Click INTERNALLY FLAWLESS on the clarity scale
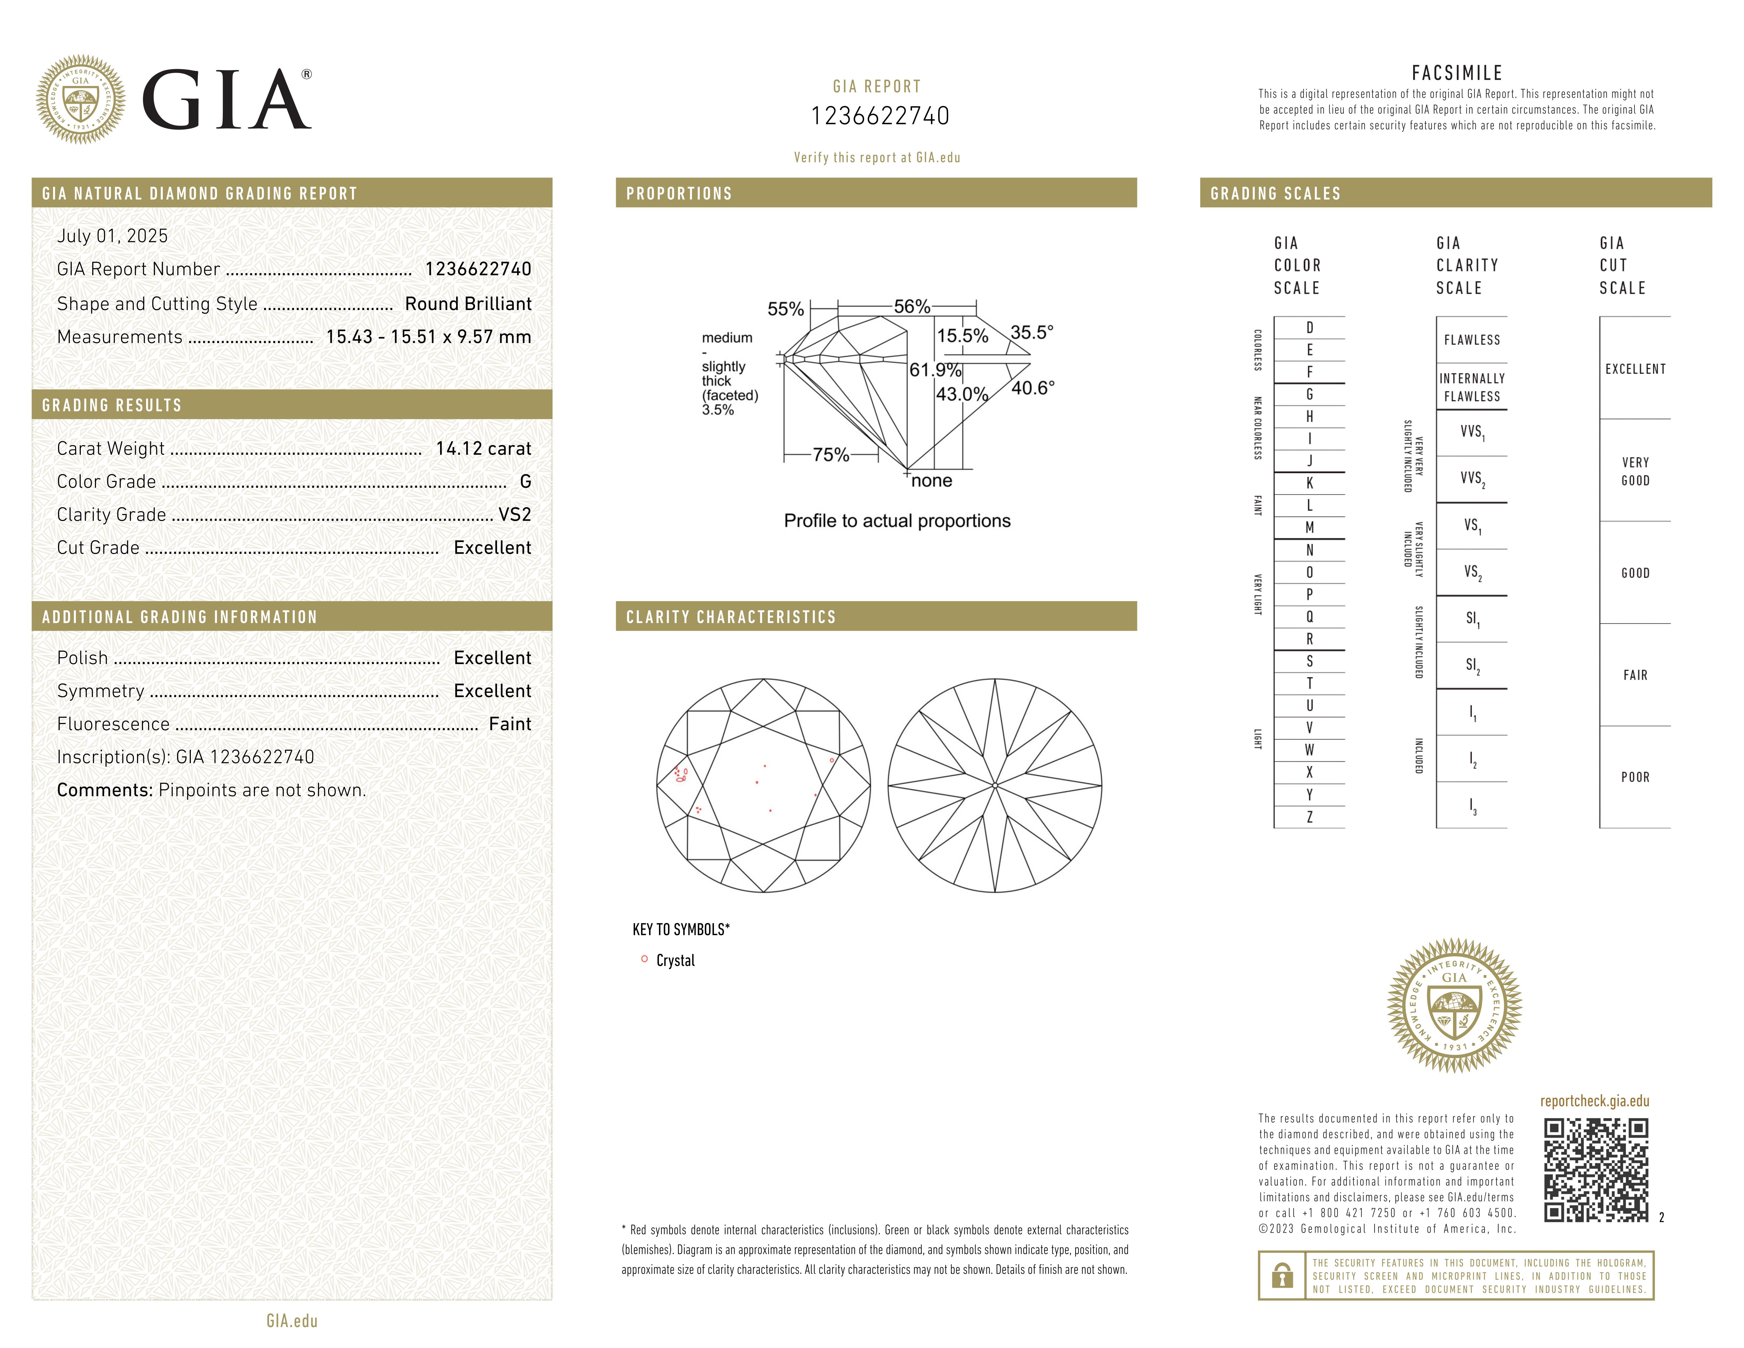1472,387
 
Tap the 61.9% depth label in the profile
934,370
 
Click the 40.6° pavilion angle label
1032,388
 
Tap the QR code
1595,1170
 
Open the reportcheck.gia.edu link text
1594,1101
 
